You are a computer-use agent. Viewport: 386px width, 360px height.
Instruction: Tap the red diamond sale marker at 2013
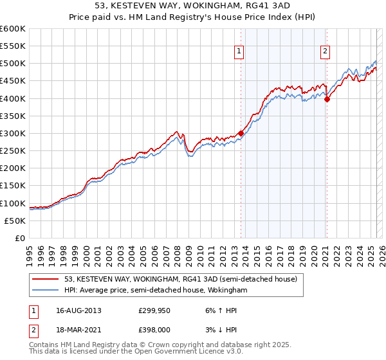[x=241, y=133]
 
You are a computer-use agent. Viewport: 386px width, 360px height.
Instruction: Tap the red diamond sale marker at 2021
[x=327, y=99]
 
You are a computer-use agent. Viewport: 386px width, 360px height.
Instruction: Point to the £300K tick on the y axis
[x=13, y=133]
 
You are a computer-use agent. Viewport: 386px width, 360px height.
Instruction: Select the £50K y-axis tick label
[x=15, y=221]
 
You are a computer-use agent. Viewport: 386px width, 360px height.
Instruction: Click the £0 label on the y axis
[x=19, y=238]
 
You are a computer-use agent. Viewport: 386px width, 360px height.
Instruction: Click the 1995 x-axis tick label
[x=30, y=251]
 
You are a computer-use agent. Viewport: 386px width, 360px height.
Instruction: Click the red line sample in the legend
[x=46, y=279]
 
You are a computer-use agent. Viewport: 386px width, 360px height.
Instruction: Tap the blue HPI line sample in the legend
[x=46, y=291]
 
